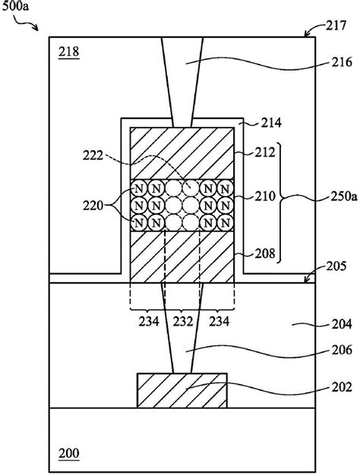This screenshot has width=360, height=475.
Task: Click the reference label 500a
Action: click(x=15, y=6)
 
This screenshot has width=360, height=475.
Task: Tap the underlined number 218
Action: click(x=69, y=52)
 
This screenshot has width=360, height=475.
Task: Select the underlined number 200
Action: click(x=69, y=454)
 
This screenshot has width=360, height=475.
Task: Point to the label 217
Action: click(x=336, y=26)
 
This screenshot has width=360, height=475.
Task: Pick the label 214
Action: click(x=271, y=123)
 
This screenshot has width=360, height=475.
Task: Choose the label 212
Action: click(x=265, y=152)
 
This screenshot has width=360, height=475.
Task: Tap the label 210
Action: click(x=265, y=197)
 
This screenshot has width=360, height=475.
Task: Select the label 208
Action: click(x=265, y=253)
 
